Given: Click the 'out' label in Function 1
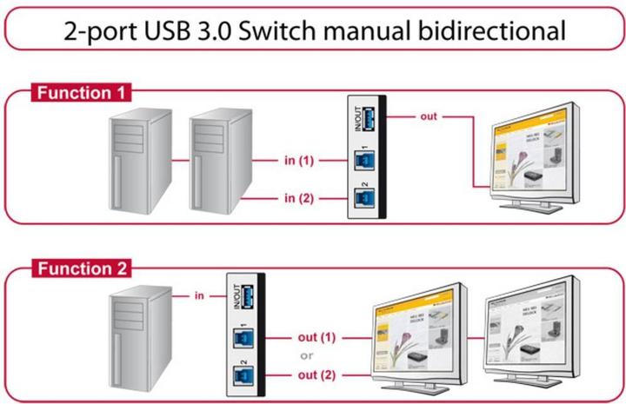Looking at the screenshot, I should coord(429,116).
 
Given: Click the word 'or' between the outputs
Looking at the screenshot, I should coord(307,355).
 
